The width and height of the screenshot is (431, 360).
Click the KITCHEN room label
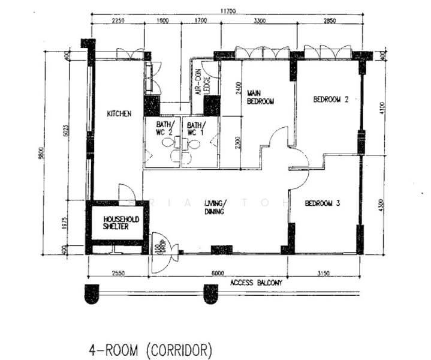(119, 113)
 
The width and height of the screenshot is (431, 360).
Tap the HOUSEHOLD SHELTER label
(121, 223)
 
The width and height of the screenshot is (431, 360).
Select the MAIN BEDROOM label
(260, 97)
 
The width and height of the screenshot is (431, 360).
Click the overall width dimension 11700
(228, 10)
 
